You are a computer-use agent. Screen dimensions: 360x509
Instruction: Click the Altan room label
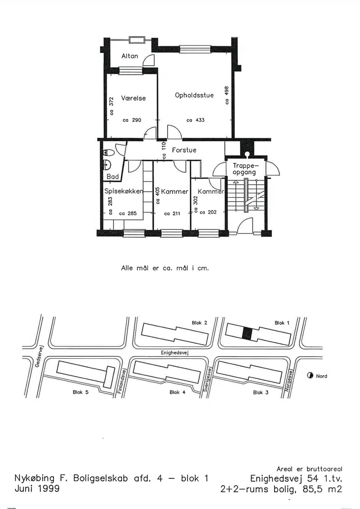click(130, 56)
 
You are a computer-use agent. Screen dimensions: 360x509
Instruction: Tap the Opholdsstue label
click(194, 95)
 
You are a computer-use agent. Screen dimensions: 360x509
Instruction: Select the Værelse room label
click(133, 98)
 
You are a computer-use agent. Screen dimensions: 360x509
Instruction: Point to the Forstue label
click(184, 150)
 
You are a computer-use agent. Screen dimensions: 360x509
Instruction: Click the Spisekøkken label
click(123, 191)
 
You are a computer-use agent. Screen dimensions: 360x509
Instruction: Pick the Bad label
click(112, 176)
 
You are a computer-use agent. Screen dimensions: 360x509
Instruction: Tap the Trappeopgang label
click(244, 169)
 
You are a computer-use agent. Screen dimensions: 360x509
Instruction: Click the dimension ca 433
click(195, 120)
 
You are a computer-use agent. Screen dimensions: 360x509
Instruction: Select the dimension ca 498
click(227, 95)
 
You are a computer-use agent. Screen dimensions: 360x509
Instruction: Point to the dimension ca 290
click(132, 120)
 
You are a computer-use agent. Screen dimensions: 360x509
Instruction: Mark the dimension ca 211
click(172, 214)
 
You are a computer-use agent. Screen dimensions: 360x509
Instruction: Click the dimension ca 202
click(208, 212)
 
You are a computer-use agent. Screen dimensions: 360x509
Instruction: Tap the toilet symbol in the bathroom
click(108, 152)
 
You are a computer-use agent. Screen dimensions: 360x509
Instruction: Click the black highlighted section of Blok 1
click(247, 333)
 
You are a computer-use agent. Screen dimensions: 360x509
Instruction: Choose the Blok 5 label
click(81, 392)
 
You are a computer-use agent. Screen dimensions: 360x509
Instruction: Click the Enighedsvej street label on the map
click(175, 352)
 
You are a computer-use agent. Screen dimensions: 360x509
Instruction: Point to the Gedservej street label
click(37, 356)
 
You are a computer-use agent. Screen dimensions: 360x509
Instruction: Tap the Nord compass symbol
click(310, 376)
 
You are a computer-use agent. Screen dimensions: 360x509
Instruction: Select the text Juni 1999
click(37, 489)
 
